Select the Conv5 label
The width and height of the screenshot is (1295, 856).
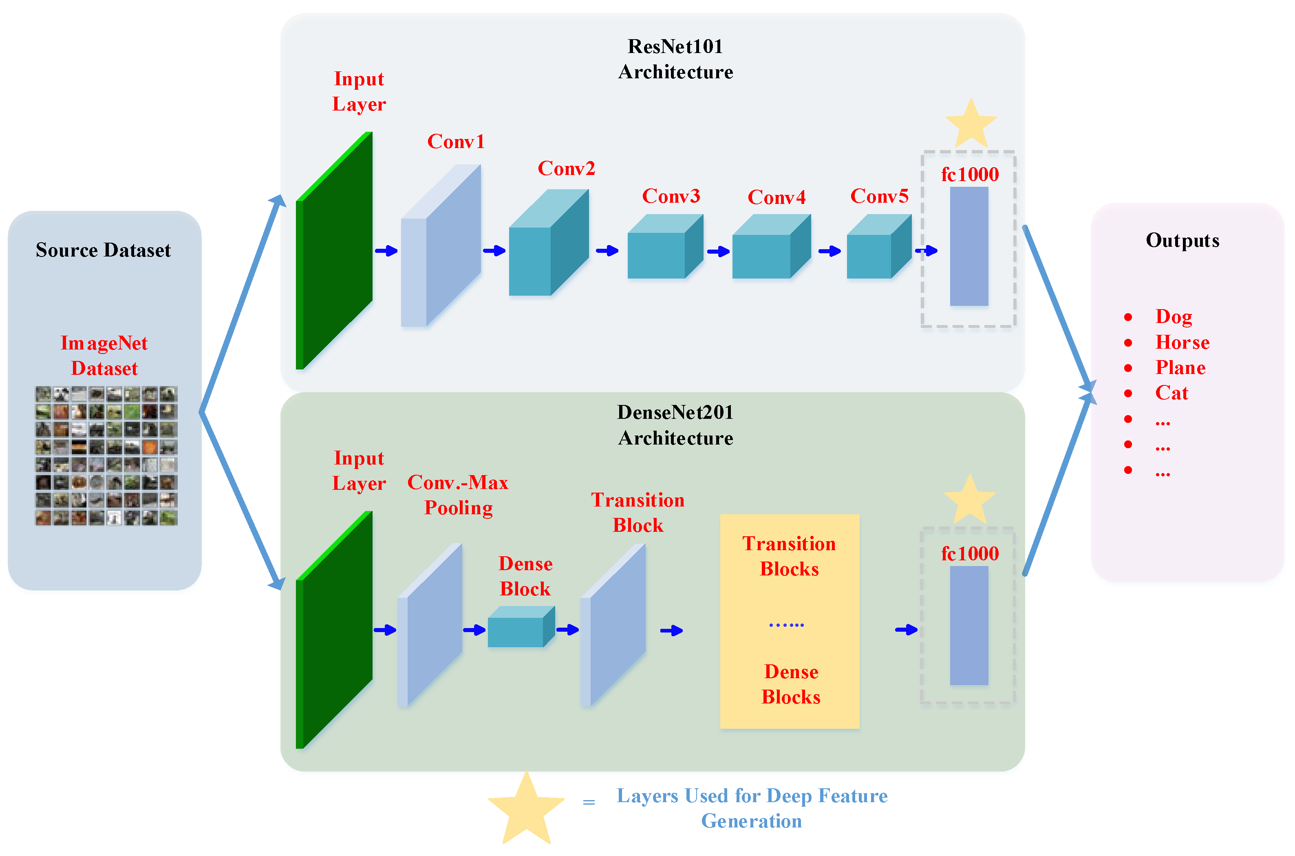pyautogui.click(x=879, y=196)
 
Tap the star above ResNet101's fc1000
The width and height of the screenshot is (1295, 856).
pyautogui.click(x=971, y=124)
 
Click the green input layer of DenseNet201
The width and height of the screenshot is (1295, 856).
pyautogui.click(x=334, y=630)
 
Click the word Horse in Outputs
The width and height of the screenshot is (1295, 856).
pyautogui.click(x=1182, y=342)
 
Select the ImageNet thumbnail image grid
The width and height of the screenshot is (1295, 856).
pyautogui.click(x=106, y=456)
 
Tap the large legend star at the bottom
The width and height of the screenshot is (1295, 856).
pyautogui.click(x=526, y=810)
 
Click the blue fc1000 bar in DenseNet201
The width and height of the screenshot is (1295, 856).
pyautogui.click(x=969, y=626)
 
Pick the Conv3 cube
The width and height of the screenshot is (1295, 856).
pyautogui.click(x=664, y=247)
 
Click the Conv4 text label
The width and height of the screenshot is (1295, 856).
pyautogui.click(x=776, y=197)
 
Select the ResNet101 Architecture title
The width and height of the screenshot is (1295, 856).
pyautogui.click(x=675, y=59)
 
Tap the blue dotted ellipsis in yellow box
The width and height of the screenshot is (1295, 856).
pyautogui.click(x=786, y=624)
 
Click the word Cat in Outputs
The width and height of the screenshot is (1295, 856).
pyautogui.click(x=1171, y=393)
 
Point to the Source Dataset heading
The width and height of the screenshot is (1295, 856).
pyautogui.click(x=103, y=250)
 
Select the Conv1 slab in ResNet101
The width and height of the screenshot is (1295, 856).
pyautogui.click(x=441, y=246)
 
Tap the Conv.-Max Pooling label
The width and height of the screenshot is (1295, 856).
pyautogui.click(x=458, y=495)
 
